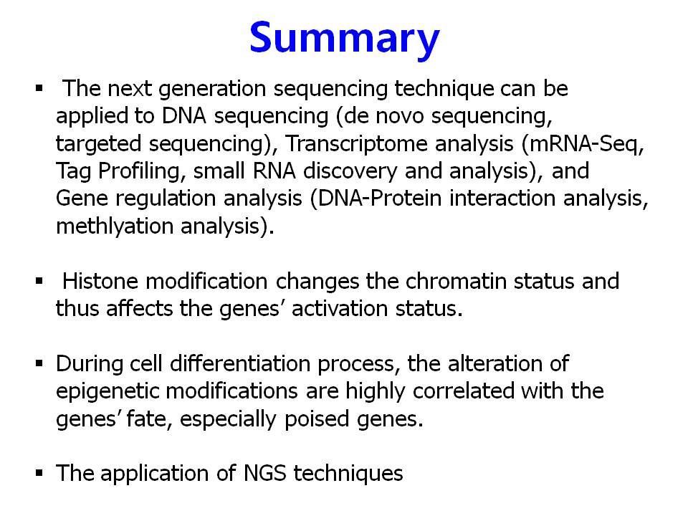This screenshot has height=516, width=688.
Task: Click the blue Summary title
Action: [345, 38]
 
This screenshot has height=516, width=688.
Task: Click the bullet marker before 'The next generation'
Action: [39, 89]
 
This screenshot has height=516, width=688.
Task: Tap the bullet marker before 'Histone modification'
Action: [39, 281]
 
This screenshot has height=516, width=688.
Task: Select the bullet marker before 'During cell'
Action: [39, 363]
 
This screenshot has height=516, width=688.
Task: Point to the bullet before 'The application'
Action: [39, 473]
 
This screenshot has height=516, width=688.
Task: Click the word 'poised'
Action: [316, 419]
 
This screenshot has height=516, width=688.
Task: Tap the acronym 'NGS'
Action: [264, 473]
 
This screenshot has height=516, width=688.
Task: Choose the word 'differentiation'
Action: [240, 363]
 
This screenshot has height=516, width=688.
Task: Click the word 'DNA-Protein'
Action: [380, 199]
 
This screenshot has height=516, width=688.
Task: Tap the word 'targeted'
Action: [98, 144]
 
